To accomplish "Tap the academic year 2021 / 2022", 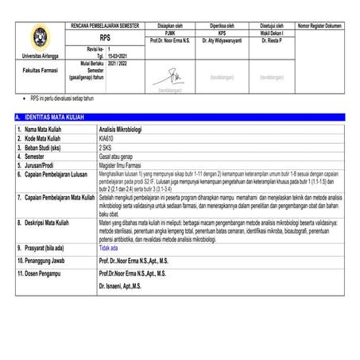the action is pyautogui.click(x=117, y=64).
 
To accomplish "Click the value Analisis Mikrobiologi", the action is pyautogui.click(x=128, y=128).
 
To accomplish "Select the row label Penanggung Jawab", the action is pyautogui.click(x=44, y=260).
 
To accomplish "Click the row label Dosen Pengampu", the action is pyautogui.click(x=42, y=272).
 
